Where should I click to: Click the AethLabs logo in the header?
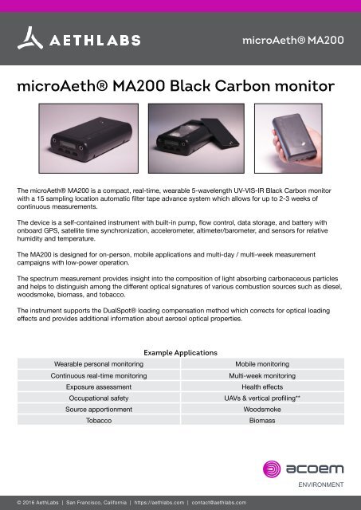point(79,38)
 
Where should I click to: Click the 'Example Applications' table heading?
point(180,351)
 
